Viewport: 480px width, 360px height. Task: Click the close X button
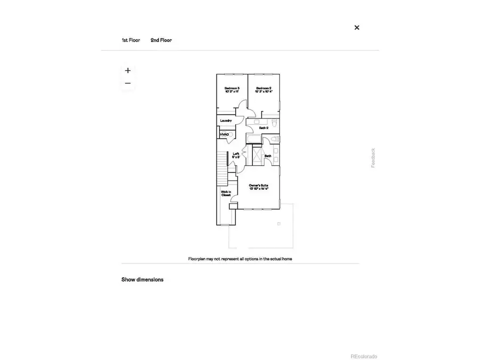tap(357, 28)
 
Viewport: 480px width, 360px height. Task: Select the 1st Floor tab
tap(131, 41)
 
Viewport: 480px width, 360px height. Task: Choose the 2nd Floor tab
tap(161, 41)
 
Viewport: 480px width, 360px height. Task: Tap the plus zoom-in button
tap(128, 70)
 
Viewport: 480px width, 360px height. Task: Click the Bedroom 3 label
tap(231, 90)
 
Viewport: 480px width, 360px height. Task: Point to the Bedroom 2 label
tap(263, 90)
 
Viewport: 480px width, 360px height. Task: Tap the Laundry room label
tap(226, 121)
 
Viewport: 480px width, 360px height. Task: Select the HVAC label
tap(224, 134)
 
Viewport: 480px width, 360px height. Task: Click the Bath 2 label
tap(263, 128)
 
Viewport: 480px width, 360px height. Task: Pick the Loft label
tap(236, 156)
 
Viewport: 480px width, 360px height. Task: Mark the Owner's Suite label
tap(259, 187)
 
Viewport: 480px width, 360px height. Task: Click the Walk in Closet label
tap(226, 194)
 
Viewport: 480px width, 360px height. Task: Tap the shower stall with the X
tap(256, 156)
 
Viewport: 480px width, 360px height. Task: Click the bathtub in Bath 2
tap(253, 140)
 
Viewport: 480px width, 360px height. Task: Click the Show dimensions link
tap(142, 279)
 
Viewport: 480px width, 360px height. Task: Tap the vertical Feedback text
tap(373, 158)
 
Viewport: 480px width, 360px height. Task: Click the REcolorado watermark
tap(363, 356)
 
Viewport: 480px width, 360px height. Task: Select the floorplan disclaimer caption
tap(240, 259)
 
